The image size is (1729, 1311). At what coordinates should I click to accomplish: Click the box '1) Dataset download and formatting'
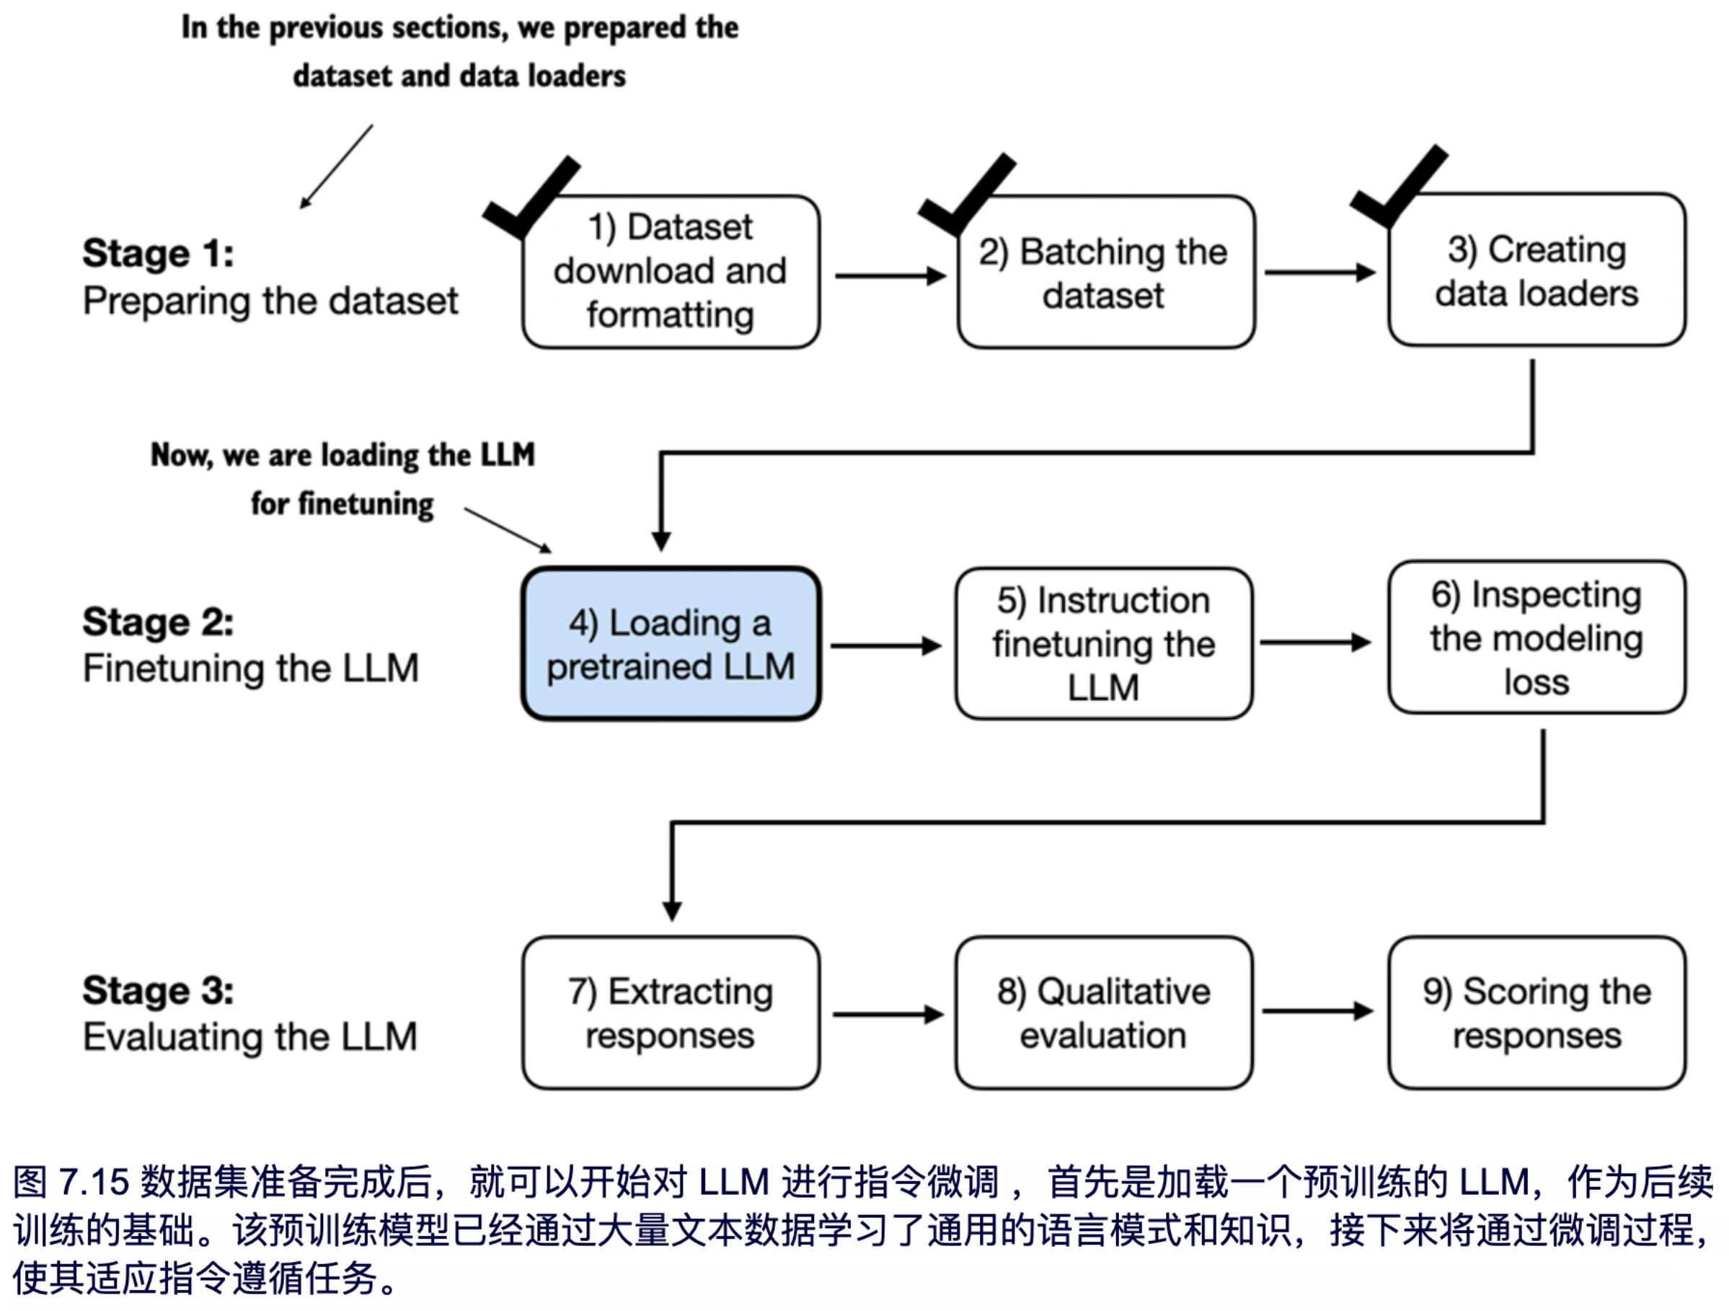click(671, 271)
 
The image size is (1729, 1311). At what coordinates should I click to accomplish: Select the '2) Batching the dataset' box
click(1105, 272)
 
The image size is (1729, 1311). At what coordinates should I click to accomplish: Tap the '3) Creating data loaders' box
click(1536, 270)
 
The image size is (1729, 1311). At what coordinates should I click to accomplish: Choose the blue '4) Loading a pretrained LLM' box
click(671, 644)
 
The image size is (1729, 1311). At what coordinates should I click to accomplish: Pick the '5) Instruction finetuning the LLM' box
click(1104, 643)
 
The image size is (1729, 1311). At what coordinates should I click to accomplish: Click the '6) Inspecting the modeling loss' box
click(1536, 637)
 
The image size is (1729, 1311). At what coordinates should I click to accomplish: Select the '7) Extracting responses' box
click(671, 1012)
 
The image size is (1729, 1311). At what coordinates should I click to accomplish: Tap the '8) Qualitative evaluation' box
click(1104, 1012)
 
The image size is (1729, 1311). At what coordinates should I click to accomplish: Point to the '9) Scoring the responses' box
click(1536, 1012)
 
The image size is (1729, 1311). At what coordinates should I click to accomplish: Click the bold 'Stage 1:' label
click(158, 253)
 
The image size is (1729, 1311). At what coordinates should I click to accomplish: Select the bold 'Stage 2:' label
click(158, 622)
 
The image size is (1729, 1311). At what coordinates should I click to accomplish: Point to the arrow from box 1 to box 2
click(890, 276)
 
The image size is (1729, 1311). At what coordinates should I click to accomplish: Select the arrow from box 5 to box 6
click(1314, 643)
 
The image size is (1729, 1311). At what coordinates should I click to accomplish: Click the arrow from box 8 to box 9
click(1317, 1011)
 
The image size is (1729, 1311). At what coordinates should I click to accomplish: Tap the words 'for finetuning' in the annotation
click(342, 503)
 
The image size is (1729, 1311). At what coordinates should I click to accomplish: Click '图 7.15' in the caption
click(71, 1181)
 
